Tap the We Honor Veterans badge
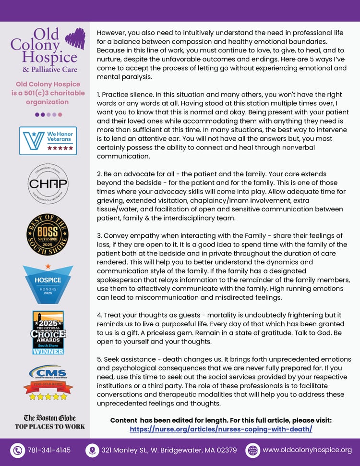pyautogui.click(x=48, y=141)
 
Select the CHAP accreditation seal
pyautogui.click(x=48, y=184)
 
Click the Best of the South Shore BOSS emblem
pyautogui.click(x=48, y=234)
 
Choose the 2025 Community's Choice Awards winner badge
pyautogui.click(x=48, y=332)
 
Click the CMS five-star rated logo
pyautogui.click(x=48, y=382)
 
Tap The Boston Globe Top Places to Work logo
pyautogui.click(x=49, y=422)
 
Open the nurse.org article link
pyautogui.click(x=221, y=429)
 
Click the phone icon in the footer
pyautogui.click(x=18, y=450)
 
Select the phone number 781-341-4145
pyautogui.click(x=49, y=450)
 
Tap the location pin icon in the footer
pyautogui.click(x=92, y=450)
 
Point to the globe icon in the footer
pyautogui.click(x=252, y=450)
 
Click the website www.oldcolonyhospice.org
pyautogui.click(x=307, y=450)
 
